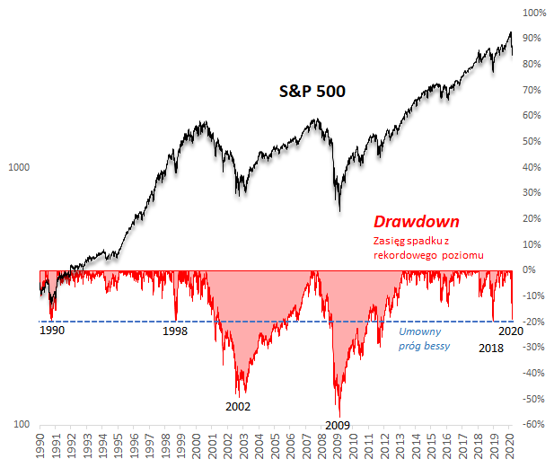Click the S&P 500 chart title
click(x=310, y=91)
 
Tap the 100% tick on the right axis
click(x=533, y=13)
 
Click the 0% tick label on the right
click(x=530, y=269)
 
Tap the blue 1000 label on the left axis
click(x=20, y=167)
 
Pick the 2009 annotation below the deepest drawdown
click(x=337, y=425)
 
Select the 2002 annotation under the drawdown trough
click(x=238, y=406)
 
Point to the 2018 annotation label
click(x=490, y=347)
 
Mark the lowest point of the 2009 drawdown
click(x=339, y=416)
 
